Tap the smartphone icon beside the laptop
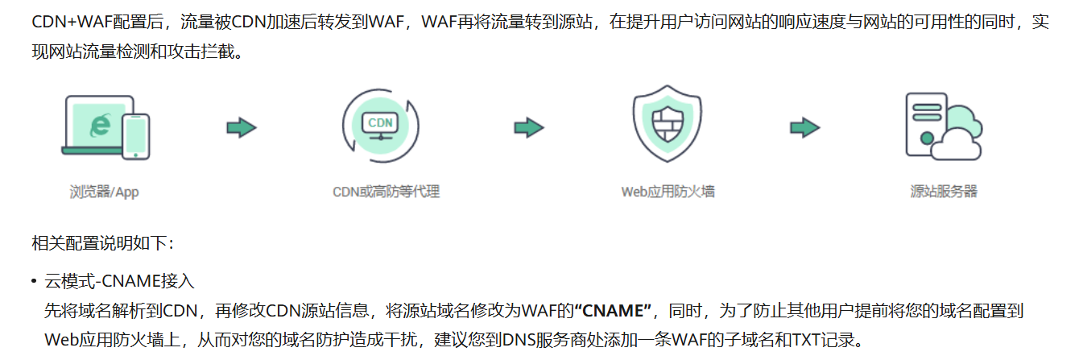click(136, 134)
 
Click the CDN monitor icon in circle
click(380, 126)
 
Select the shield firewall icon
click(667, 125)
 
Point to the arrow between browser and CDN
click(241, 126)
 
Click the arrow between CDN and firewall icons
click(528, 126)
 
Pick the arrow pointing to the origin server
click(804, 126)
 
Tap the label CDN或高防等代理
click(386, 192)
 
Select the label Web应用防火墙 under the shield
click(668, 192)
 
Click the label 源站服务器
click(944, 192)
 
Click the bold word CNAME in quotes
click(617, 310)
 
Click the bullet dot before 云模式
click(34, 282)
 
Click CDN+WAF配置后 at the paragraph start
click(89, 22)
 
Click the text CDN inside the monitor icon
click(380, 122)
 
